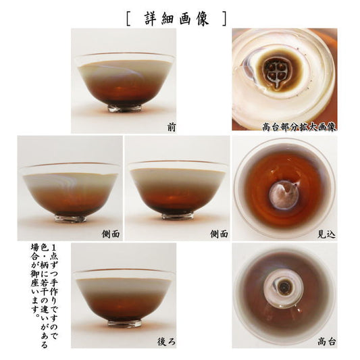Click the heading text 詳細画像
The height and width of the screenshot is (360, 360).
[177, 18]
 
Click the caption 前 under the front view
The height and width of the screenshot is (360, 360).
[172, 127]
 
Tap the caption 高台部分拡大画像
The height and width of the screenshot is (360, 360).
[299, 126]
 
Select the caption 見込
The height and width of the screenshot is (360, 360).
[326, 234]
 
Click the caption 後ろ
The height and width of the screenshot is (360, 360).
[166, 342]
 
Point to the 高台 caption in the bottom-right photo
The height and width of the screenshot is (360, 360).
[327, 342]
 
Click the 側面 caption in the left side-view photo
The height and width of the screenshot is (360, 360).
[111, 234]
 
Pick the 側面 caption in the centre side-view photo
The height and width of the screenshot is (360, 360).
[219, 234]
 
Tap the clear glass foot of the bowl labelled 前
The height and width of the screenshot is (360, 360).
[124, 109]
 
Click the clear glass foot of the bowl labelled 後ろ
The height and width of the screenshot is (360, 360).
[124, 324]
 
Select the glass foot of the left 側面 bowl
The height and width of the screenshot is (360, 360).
[70, 219]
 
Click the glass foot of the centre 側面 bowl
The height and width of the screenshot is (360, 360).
[178, 216]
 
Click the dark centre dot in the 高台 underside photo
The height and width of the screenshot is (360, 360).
[284, 286]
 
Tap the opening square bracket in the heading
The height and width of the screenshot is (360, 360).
[128, 19]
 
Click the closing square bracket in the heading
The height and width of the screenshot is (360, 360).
[224, 19]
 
